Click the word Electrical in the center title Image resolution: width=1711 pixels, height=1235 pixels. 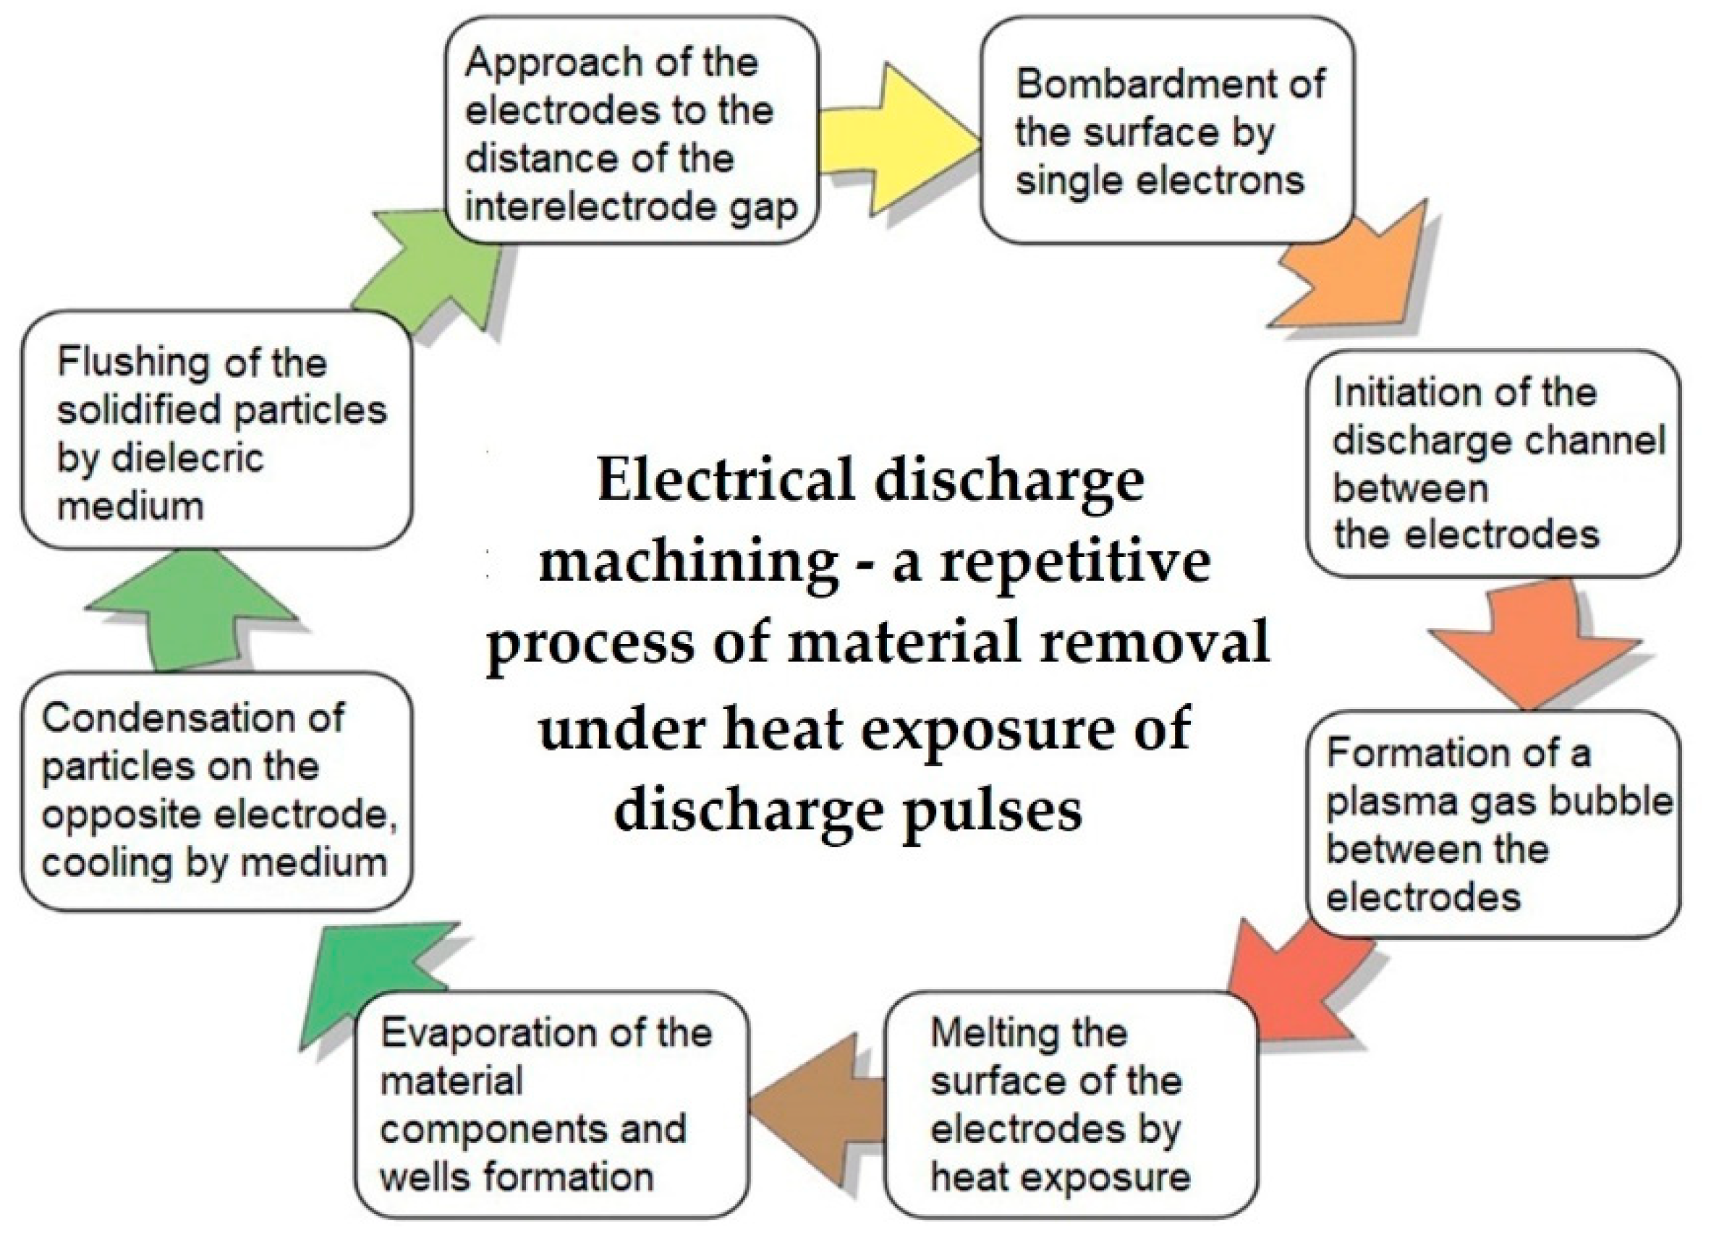coord(725,480)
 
